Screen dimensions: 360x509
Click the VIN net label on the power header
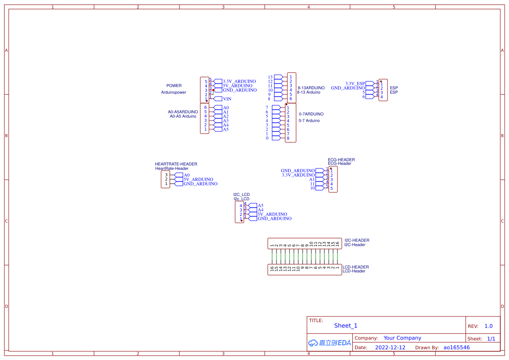(x=227, y=99)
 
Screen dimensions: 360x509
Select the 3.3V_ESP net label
(x=355, y=83)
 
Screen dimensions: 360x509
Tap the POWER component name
(x=174, y=86)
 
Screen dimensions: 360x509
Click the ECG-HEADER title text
(x=341, y=160)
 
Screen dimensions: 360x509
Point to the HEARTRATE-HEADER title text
(x=176, y=164)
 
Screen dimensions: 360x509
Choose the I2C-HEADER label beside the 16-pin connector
(x=357, y=240)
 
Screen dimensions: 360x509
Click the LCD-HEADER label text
(x=355, y=267)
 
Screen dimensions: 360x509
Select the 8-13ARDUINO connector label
(x=311, y=88)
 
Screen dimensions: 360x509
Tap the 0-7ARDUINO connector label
(x=311, y=114)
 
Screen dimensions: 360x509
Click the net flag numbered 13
(x=270, y=77)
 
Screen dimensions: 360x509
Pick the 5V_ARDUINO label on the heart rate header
(x=198, y=179)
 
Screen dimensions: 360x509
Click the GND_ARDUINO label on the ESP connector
(x=348, y=88)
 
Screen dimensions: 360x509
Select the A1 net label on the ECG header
(x=312, y=179)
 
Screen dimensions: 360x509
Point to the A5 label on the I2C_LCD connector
(x=260, y=205)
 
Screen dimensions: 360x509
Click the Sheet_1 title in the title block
(x=345, y=326)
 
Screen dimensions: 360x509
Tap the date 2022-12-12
(x=390, y=347)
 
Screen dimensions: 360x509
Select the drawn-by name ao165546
(x=456, y=347)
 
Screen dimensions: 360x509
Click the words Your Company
(x=402, y=338)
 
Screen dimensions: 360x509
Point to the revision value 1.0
(x=488, y=326)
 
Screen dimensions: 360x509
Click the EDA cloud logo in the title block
(x=329, y=343)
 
